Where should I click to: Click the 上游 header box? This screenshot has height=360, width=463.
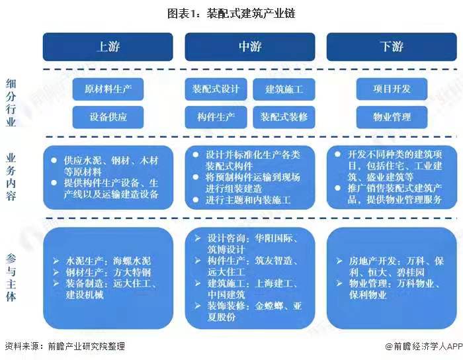108,46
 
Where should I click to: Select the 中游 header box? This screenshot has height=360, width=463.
250,46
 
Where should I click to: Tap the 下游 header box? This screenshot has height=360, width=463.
392,46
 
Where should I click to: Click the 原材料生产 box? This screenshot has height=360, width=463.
108,89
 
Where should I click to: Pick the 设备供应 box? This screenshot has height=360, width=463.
108,117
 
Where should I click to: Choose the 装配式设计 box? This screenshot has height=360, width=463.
216,89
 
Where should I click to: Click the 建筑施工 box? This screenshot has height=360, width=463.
284,89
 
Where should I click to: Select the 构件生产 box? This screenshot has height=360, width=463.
216,117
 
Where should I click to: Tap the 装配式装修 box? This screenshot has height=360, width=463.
284,117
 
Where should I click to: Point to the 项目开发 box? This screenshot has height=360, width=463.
392,89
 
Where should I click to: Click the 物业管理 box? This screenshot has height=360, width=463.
392,117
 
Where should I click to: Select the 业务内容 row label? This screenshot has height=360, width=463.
11,177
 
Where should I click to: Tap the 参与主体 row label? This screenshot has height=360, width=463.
11,276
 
